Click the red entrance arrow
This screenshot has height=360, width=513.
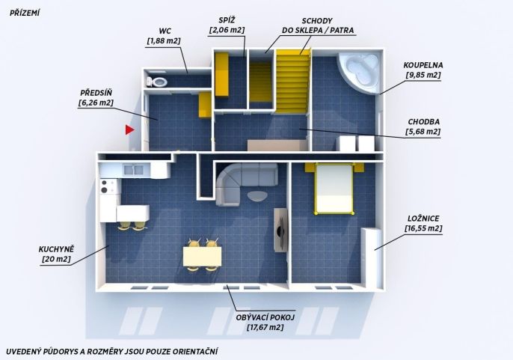pyautogui.click(x=129, y=129)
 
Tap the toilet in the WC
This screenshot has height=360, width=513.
pyautogui.click(x=157, y=82)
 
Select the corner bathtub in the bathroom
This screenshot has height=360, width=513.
pyautogui.click(x=359, y=73)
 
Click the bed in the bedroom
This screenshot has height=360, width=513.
pyautogui.click(x=334, y=189)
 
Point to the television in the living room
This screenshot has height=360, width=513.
pyautogui.click(x=280, y=231)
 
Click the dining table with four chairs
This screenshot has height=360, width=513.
pyautogui.click(x=202, y=255)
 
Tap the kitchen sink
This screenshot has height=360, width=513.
pyautogui.click(x=133, y=170)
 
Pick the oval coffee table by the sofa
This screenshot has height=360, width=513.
pyautogui.click(x=257, y=196)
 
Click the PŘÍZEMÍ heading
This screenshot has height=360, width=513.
pyautogui.click(x=25, y=13)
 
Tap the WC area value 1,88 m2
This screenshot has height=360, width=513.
pyautogui.click(x=164, y=41)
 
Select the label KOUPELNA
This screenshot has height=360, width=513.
pyautogui.click(x=423, y=65)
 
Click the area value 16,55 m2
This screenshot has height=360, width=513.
pyautogui.click(x=423, y=228)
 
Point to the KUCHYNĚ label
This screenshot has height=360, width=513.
pyautogui.click(x=56, y=249)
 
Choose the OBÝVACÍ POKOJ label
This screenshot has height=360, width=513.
pyautogui.click(x=265, y=317)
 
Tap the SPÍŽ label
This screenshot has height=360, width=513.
pyautogui.click(x=227, y=20)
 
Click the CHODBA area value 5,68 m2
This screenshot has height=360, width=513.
pyautogui.click(x=423, y=132)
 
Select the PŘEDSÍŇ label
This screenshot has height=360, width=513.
pyautogui.click(x=96, y=93)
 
